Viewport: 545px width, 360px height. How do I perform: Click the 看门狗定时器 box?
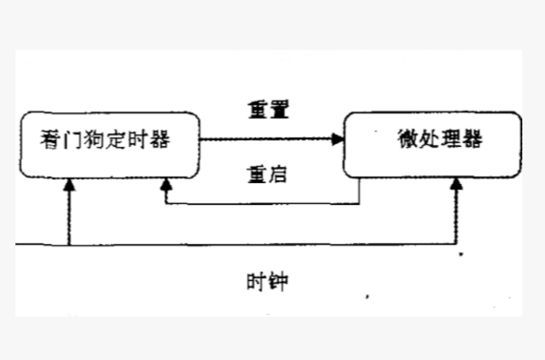tap(109, 143)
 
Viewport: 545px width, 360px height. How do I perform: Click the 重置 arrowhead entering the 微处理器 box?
tap(337, 140)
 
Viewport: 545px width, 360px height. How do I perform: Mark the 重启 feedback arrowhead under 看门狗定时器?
tap(164, 185)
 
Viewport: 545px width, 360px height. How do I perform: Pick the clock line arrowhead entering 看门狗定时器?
tap(69, 185)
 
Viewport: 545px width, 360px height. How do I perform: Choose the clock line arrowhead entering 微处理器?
tap(457, 185)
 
